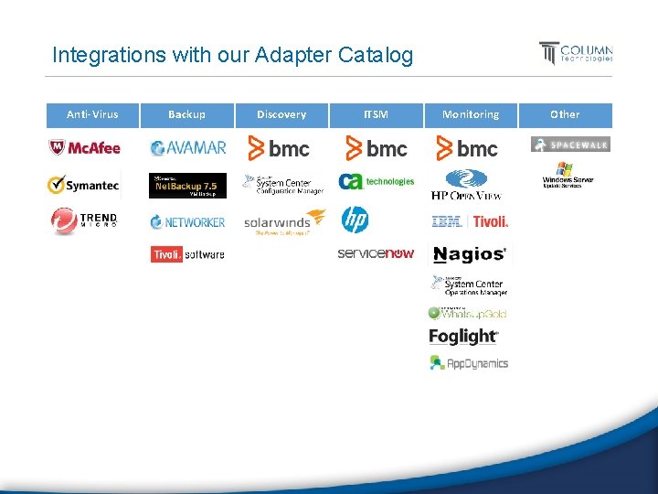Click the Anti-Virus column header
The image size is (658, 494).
click(x=91, y=114)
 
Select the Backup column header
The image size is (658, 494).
click(x=186, y=114)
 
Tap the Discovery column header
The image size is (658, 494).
click(x=281, y=114)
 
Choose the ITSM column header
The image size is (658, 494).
click(x=376, y=114)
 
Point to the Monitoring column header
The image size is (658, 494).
click(x=471, y=114)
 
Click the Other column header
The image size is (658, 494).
click(x=565, y=114)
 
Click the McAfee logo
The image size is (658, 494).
click(x=84, y=148)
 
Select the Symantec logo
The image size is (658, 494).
click(x=83, y=185)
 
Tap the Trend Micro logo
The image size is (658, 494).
click(x=84, y=220)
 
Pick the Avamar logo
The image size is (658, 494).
click(x=187, y=148)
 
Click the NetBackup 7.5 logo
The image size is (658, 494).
click(x=187, y=186)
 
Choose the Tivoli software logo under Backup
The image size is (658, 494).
click(x=187, y=254)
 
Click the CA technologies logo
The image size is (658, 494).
click(x=376, y=182)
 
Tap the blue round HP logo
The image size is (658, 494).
click(x=355, y=220)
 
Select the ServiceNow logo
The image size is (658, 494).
click(x=376, y=253)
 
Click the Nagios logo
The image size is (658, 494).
click(x=469, y=254)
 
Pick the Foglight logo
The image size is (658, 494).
click(x=463, y=337)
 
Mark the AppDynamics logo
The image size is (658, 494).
click(x=468, y=362)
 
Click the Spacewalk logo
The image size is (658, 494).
click(x=569, y=145)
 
